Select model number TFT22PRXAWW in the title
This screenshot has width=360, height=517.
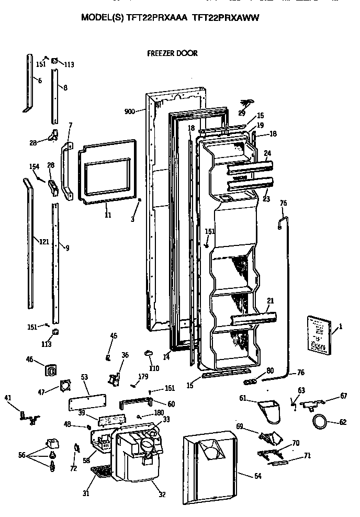point(226,17)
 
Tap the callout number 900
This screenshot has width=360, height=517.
point(131,111)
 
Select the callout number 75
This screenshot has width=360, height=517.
point(284,203)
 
